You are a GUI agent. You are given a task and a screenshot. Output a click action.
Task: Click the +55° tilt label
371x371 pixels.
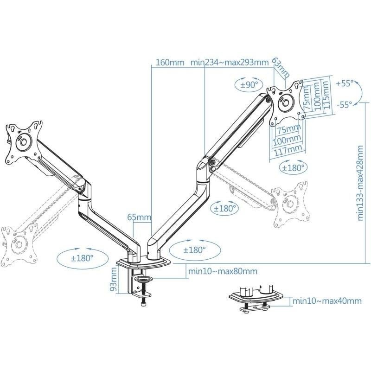point(344,83)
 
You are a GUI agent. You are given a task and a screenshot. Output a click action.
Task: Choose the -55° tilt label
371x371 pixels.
point(344,104)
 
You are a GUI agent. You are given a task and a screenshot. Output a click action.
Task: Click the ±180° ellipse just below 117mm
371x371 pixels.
point(293,167)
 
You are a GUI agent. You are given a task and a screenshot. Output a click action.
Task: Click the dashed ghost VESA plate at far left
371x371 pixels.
point(19,241)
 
